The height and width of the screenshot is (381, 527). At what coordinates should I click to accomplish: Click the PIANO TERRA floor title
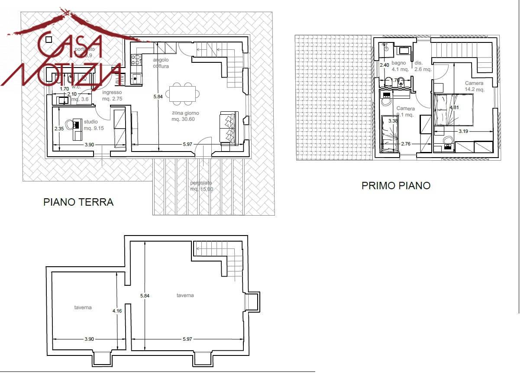point(78,202)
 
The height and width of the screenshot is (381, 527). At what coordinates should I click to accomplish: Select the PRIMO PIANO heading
point(396,186)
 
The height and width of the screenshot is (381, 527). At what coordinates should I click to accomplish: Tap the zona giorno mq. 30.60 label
point(185,116)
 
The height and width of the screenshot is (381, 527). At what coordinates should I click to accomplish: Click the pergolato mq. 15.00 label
point(201,186)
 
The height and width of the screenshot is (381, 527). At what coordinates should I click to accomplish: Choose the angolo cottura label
point(161,63)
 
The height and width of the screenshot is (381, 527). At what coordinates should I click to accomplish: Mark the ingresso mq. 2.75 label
point(112,95)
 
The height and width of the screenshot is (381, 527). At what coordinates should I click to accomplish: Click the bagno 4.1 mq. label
point(400,66)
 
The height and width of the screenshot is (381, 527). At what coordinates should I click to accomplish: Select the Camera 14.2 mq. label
point(474,86)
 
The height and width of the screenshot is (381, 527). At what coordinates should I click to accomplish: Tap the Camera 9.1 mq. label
point(405,112)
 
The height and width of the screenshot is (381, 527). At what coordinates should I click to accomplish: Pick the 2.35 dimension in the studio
point(59,129)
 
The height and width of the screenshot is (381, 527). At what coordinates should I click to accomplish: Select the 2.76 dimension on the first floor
point(406,143)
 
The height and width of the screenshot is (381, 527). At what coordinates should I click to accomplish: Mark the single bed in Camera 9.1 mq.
point(391,133)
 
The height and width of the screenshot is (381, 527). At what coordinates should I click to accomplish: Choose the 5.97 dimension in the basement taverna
point(187,339)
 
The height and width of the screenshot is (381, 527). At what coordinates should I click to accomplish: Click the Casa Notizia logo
point(65,52)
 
